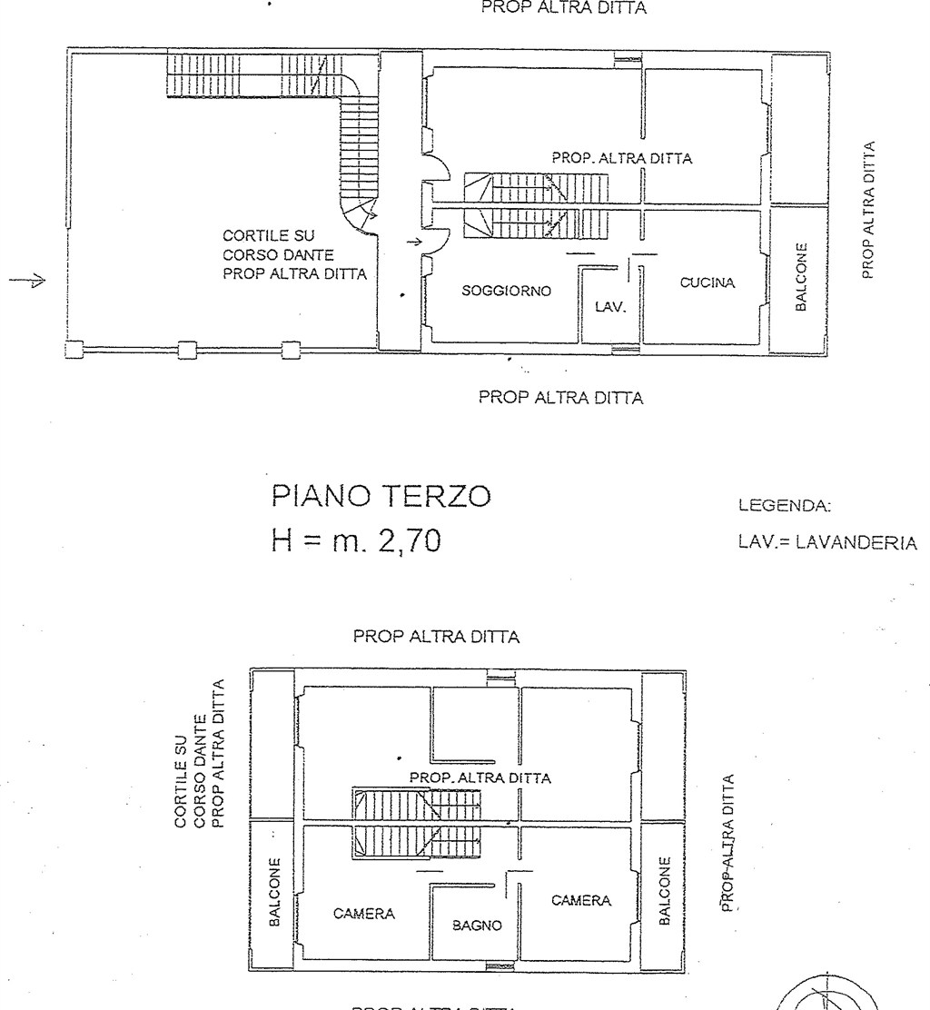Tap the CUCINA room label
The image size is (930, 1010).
click(707, 283)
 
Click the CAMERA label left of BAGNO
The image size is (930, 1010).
click(364, 914)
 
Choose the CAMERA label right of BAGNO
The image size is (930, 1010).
click(581, 900)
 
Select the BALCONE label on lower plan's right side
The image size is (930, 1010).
click(664, 890)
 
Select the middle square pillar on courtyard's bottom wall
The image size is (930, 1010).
click(186, 349)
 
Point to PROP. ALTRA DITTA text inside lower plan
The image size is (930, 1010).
click(480, 777)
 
